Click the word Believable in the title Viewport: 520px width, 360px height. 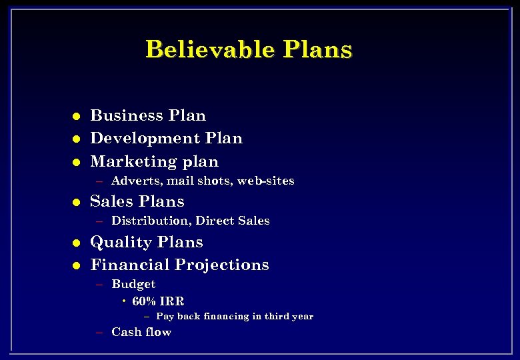[x=210, y=50]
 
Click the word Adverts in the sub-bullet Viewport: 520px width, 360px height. [x=137, y=181]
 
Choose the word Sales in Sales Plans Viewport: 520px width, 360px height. [x=108, y=201]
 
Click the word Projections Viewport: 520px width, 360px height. [x=222, y=265]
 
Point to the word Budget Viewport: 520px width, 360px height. [x=133, y=284]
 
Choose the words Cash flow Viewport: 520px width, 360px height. [x=141, y=332]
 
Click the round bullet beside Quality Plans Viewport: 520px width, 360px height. [x=77, y=243]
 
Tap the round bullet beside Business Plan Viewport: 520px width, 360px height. [x=77, y=116]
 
